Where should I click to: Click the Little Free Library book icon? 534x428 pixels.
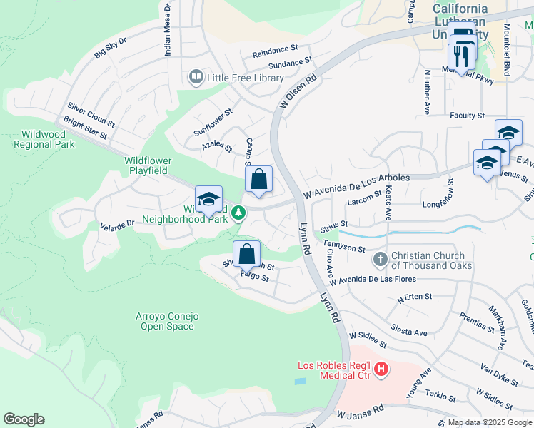pos(195,76)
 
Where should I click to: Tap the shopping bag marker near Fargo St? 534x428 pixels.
pos(246,254)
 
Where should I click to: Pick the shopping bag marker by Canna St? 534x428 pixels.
pos(258,180)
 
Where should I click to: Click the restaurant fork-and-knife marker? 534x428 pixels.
pos(462,55)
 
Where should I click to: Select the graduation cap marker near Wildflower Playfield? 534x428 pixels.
pos(208,200)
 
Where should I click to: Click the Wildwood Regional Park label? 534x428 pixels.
pos(44,138)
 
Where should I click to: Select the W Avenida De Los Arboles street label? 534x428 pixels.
pos(356,185)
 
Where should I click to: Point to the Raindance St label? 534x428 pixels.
pos(275,51)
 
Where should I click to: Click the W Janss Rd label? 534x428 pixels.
pos(361,413)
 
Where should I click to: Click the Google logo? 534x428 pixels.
pos(24,419)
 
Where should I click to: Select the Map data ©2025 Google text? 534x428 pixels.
pos(489,422)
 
